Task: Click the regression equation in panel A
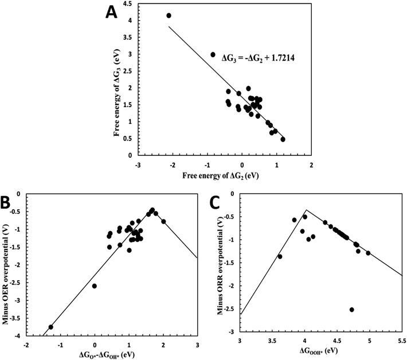[256, 57]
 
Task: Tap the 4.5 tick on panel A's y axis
[126, 4]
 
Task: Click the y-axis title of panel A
[112, 80]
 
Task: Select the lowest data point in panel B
[51, 327]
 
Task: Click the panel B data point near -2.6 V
[95, 285]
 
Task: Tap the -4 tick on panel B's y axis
[18, 336]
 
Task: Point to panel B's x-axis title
[111, 356]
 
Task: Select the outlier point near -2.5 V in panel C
[351, 310]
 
